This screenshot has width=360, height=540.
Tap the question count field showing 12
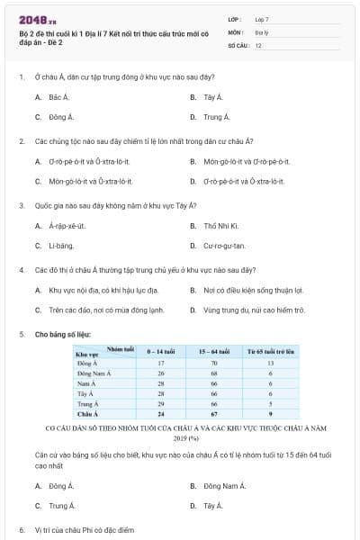258,44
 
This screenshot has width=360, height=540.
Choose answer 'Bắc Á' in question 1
59,96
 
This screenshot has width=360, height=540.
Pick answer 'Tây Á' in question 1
212,96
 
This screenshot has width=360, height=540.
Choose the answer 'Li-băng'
61,246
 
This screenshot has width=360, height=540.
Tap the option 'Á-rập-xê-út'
67,226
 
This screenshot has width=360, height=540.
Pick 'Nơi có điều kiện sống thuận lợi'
253,291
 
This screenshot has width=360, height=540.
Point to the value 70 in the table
214,363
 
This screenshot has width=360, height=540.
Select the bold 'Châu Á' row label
87,413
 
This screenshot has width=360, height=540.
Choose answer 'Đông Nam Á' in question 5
221,486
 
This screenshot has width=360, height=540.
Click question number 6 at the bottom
22,530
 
